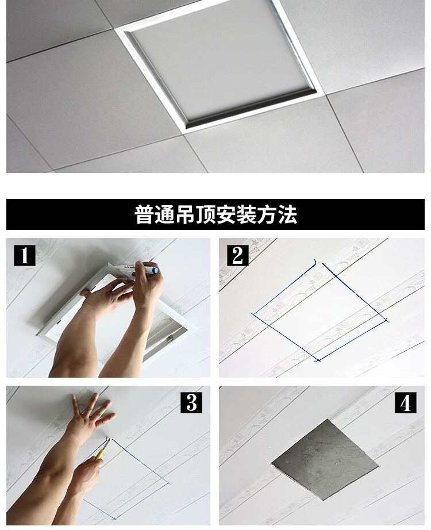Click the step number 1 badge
(x=25, y=255)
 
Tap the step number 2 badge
(x=237, y=255)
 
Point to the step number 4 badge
(x=405, y=402)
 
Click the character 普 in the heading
(x=144, y=215)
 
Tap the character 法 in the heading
(x=287, y=215)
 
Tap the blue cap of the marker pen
(x=155, y=269)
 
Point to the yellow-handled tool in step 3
(x=101, y=451)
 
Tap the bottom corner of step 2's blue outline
(x=317, y=360)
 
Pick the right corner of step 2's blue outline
(x=387, y=320)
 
